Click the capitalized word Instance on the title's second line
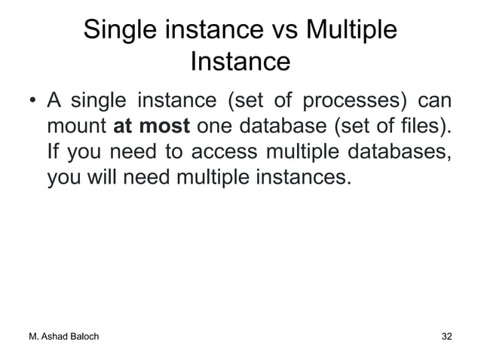coord(240,62)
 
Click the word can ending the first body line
coord(435,100)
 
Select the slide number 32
coord(447,336)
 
